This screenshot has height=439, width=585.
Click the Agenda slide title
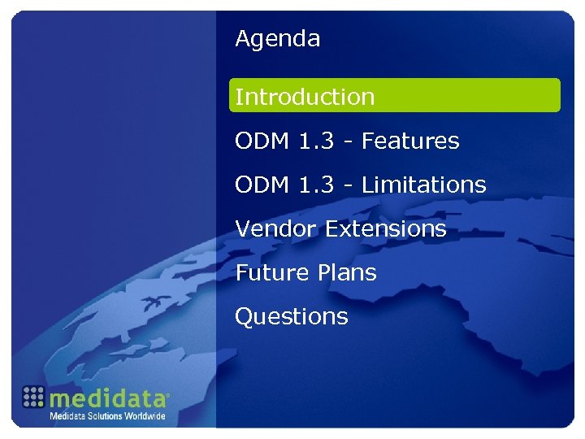click(x=277, y=39)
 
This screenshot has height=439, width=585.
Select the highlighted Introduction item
click(x=305, y=97)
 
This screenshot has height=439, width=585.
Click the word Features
click(x=410, y=141)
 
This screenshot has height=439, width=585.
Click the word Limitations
click(x=423, y=185)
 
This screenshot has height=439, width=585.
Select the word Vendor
click(x=276, y=228)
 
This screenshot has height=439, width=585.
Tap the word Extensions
click(x=386, y=228)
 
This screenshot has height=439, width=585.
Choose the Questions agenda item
click(x=291, y=316)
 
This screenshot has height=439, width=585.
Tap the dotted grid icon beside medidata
click(x=33, y=396)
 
